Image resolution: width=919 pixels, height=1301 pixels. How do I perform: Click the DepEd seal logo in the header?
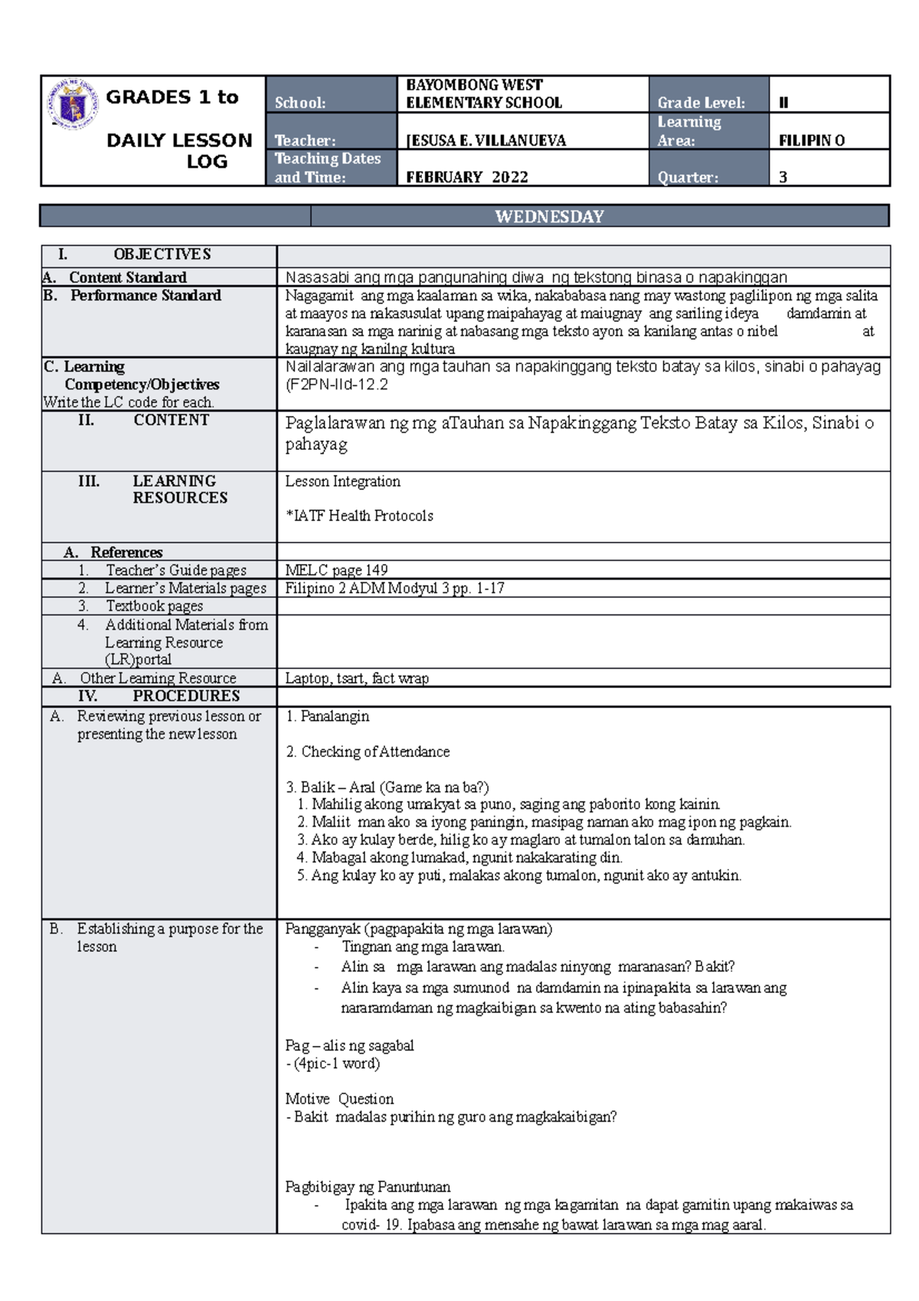72,103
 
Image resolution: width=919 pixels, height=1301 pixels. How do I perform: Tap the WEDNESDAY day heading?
549,217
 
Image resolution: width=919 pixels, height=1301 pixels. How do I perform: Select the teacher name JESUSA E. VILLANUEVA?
486,140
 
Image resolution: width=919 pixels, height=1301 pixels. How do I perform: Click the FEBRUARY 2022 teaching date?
466,177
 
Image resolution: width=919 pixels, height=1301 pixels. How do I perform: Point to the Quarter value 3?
783,177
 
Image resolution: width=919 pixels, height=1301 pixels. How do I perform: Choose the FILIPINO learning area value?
811,140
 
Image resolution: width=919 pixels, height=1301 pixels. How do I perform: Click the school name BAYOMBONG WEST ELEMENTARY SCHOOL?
483,93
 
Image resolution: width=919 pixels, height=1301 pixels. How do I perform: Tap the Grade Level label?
700,103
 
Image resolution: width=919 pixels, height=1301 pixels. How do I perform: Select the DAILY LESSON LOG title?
180,150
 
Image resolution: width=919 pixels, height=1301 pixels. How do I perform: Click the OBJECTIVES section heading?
162,254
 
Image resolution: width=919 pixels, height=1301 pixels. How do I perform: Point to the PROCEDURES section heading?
186,696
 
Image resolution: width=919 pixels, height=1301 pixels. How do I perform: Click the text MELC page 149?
336,570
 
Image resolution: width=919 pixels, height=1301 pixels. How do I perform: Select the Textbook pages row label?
154,606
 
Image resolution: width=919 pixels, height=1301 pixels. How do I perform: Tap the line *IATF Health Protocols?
359,516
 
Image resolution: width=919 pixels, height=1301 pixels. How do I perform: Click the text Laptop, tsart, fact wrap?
357,678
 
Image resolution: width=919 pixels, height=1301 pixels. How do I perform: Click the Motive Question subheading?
339,1099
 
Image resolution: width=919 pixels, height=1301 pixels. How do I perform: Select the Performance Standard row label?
146,296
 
